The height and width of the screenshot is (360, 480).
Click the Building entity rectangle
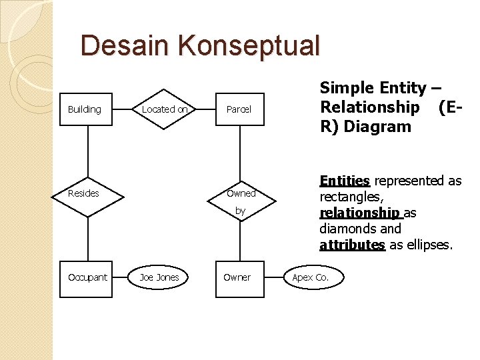(x=85, y=109)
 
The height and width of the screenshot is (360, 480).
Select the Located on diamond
(x=164, y=109)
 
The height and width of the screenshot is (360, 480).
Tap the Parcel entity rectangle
(x=239, y=109)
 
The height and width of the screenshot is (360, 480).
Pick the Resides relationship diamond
(x=85, y=194)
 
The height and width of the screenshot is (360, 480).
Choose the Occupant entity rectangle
(x=87, y=277)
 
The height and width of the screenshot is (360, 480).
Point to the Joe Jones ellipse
(x=159, y=277)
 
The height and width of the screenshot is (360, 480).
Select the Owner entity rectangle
(x=237, y=277)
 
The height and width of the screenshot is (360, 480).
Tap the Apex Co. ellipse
(x=311, y=277)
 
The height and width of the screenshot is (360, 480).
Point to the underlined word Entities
(x=345, y=181)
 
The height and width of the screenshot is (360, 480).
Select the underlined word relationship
(x=361, y=213)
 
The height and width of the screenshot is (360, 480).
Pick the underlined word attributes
(x=352, y=245)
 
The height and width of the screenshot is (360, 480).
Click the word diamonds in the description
(x=350, y=229)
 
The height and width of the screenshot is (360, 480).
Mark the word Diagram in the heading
(x=376, y=127)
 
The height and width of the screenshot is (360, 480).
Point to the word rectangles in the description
(x=351, y=197)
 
